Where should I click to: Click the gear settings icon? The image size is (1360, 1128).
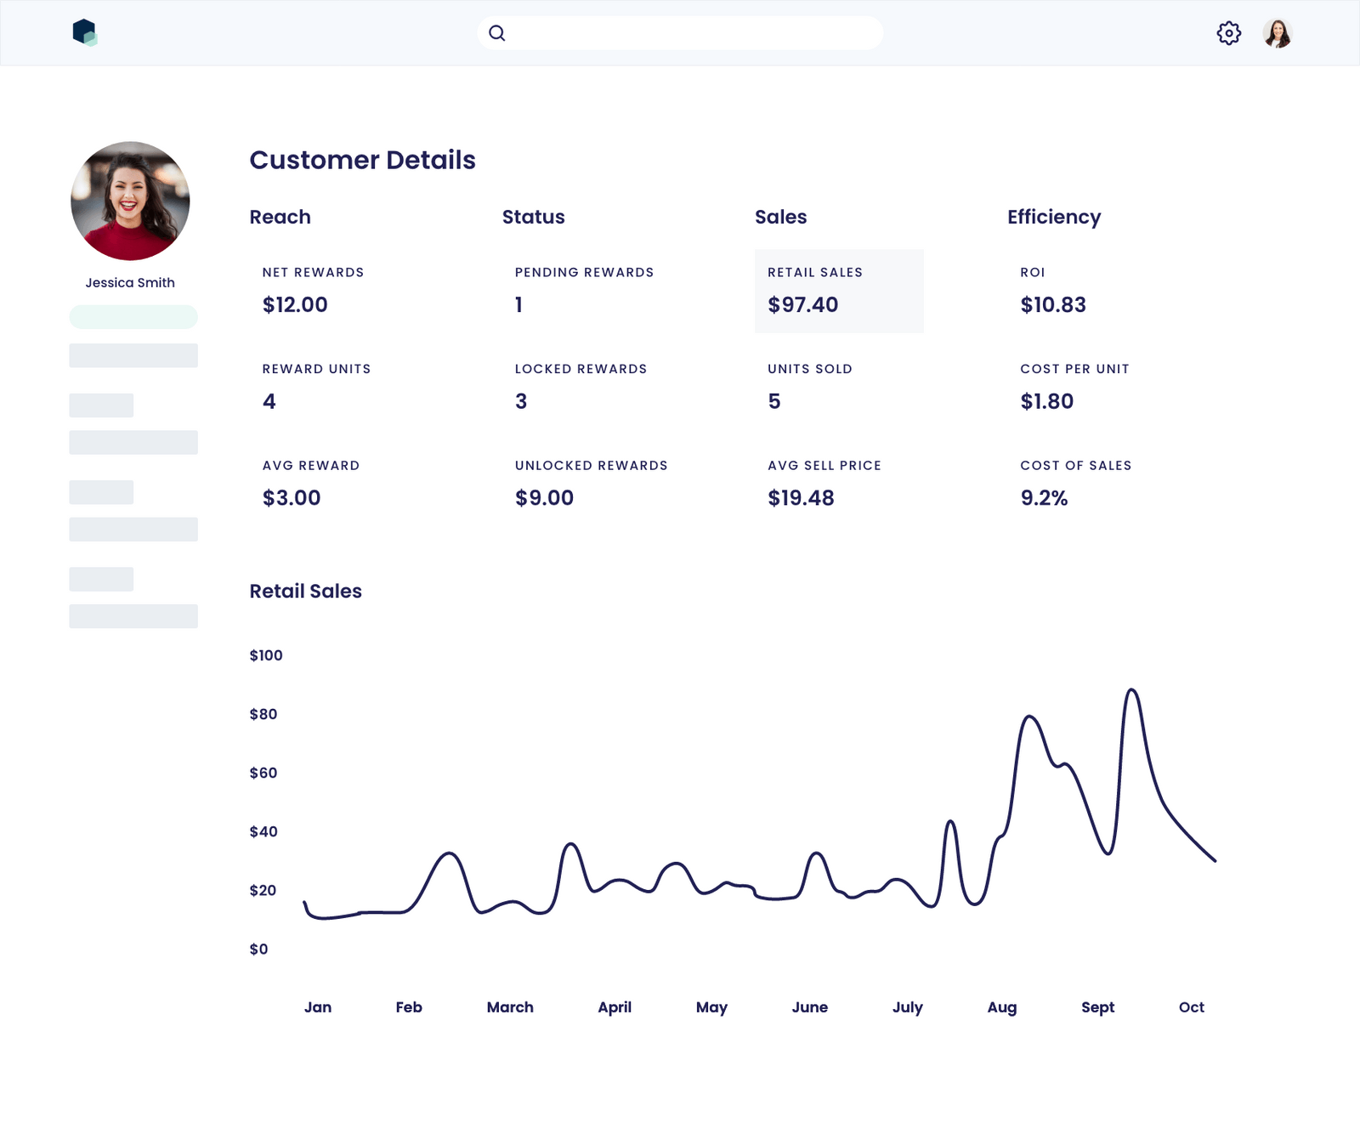[1228, 33]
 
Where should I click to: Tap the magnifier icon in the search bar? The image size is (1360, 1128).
[497, 33]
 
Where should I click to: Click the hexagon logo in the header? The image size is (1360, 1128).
[84, 32]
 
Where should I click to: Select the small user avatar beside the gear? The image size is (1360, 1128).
[1277, 33]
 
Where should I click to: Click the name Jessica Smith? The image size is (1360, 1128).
[130, 282]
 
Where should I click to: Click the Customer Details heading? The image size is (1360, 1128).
[362, 160]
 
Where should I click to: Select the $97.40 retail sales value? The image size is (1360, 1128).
[802, 304]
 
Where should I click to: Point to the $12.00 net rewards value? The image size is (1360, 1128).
[295, 304]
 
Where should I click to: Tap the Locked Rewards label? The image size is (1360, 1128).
[581, 369]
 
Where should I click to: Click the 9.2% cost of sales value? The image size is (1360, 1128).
[1044, 497]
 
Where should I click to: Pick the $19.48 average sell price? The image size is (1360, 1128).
[801, 497]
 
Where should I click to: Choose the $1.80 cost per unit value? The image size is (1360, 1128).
[1046, 401]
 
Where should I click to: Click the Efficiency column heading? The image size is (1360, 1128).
[1054, 217]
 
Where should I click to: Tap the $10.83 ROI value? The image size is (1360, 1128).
[1053, 304]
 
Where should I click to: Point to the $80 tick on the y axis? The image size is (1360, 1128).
[263, 714]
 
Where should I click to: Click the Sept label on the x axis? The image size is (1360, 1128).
[1097, 1007]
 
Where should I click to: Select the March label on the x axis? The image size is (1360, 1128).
[510, 1007]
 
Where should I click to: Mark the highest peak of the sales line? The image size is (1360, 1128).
[1131, 690]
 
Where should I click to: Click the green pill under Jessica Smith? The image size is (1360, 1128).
[133, 317]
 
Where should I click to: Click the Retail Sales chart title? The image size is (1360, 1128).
[305, 591]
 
